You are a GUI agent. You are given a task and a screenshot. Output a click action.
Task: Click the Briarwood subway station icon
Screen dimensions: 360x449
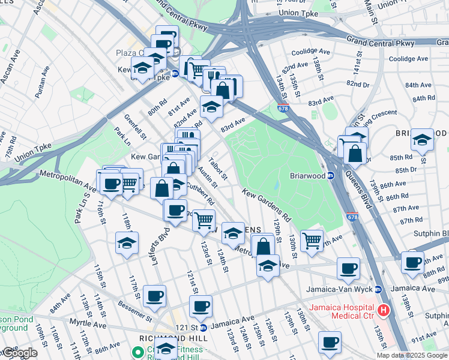pyautogui.click(x=330, y=176)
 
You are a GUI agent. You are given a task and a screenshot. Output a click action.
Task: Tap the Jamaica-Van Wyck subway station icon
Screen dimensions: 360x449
pyautogui.click(x=378, y=289)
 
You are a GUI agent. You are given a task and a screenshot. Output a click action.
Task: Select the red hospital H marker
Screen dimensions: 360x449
pyautogui.click(x=384, y=311)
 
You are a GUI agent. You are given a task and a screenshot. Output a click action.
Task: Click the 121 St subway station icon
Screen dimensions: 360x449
pyautogui.click(x=203, y=328)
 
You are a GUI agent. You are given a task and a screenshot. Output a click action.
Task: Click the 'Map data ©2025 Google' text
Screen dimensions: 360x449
pyautogui.click(x=412, y=355)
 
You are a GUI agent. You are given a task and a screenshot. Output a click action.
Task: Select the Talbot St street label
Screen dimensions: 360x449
pyautogui.click(x=217, y=168)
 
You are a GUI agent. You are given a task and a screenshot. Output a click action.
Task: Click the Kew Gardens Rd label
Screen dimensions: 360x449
pyautogui.click(x=267, y=205)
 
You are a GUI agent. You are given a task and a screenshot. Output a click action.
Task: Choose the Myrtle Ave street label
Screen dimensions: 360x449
pyautogui.click(x=87, y=325)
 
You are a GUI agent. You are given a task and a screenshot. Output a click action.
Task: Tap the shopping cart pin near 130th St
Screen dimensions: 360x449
pyautogui.click(x=312, y=241)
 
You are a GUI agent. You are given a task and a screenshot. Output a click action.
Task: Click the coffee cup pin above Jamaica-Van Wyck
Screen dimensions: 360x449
pyautogui.click(x=348, y=268)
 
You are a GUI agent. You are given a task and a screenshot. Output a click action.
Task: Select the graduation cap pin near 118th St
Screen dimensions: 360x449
pyautogui.click(x=127, y=243)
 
